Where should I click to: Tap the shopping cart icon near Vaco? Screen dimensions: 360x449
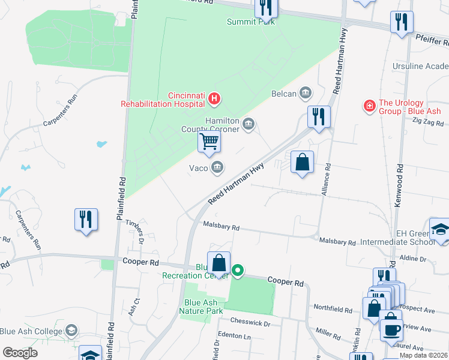tap(209, 142)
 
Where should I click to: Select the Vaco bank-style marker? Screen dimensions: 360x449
tap(218, 167)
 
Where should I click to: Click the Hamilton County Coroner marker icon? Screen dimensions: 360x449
tap(249, 125)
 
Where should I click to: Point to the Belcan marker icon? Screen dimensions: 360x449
tap(306, 92)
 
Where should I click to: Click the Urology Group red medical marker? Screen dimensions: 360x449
tap(370, 106)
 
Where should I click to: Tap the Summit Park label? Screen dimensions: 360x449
tap(251, 22)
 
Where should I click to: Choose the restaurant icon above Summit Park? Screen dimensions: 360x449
tap(265, 7)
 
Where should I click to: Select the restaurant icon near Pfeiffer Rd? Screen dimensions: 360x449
tap(401, 22)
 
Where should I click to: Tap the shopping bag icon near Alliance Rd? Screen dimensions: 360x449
tap(302, 162)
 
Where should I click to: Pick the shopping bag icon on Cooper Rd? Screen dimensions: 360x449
tap(218, 263)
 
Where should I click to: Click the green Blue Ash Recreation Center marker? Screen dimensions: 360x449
tap(238, 271)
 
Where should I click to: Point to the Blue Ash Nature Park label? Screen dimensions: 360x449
tap(200, 307)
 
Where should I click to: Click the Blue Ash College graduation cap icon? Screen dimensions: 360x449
tap(71, 331)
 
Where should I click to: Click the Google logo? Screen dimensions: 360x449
tap(20, 352)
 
